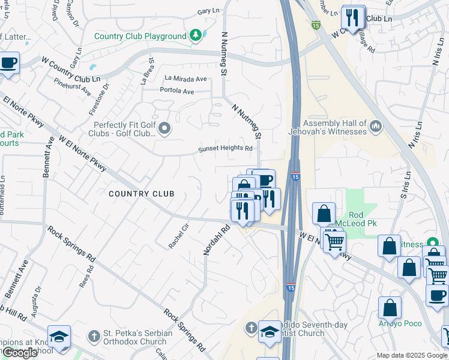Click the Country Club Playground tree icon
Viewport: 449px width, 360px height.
[x=196, y=36]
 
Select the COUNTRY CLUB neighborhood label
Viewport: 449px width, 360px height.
[x=142, y=194]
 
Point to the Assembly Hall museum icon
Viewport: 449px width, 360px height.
[x=376, y=126]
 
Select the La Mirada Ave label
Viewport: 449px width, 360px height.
[x=185, y=79]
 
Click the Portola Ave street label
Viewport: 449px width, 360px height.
[x=177, y=92]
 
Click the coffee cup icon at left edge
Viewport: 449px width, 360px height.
[x=8, y=62]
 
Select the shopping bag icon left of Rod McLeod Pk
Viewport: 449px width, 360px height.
[x=324, y=214]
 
